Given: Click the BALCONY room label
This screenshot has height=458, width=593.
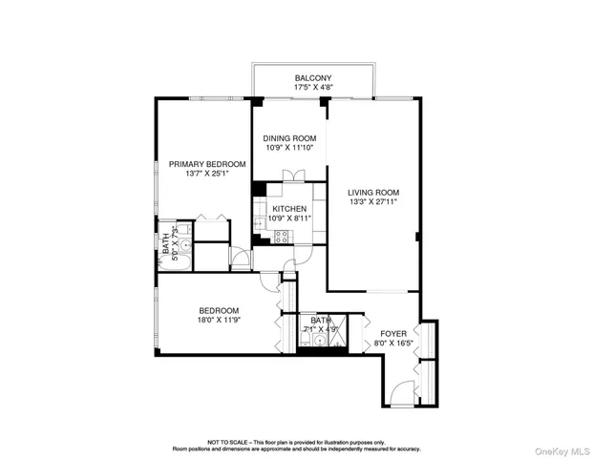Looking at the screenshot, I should click(x=312, y=78).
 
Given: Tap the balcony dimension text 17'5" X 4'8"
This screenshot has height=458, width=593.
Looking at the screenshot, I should click(x=312, y=89).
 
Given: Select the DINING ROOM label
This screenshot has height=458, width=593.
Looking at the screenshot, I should click(x=288, y=138).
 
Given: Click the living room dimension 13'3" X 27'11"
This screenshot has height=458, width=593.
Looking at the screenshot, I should click(x=372, y=202).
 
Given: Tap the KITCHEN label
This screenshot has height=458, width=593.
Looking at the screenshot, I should click(x=288, y=208).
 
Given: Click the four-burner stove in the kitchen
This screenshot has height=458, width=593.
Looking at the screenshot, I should click(x=281, y=236).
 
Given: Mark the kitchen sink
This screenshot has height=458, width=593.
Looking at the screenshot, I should click(x=259, y=225).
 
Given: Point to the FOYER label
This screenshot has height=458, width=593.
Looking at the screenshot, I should click(x=392, y=334).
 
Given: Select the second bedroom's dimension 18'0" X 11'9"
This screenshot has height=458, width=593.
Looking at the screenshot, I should click(x=219, y=322).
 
